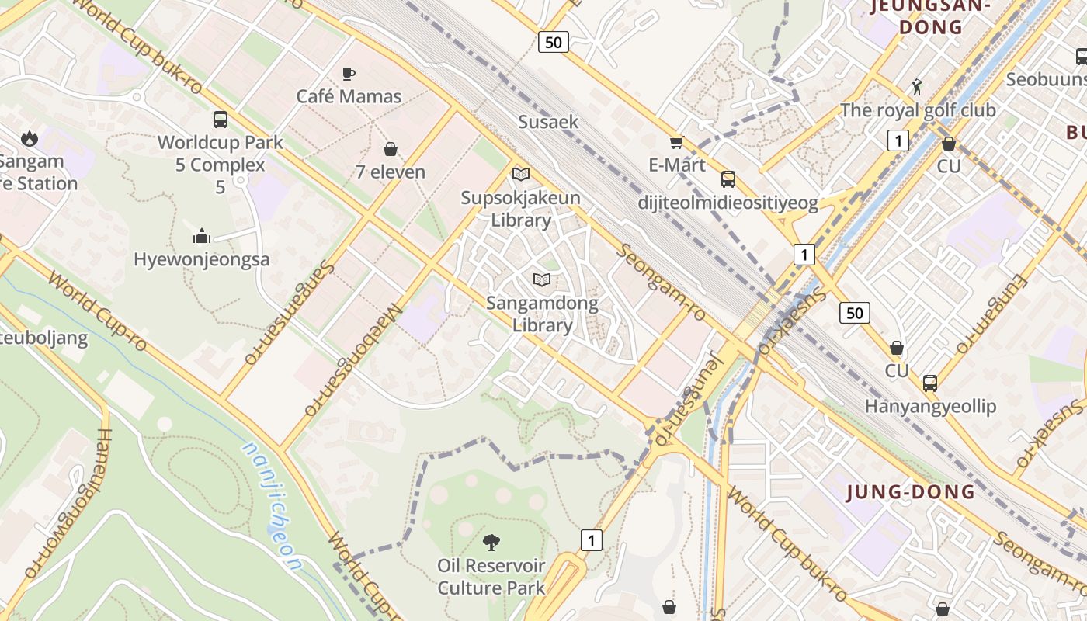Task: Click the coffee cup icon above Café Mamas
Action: [349, 74]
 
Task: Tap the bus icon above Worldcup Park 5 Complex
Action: [221, 120]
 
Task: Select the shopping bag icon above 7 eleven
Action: [390, 148]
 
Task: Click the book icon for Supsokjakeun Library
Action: [520, 175]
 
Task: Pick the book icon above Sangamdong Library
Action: [542, 279]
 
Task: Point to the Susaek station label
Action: [548, 122]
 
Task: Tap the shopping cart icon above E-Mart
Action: [676, 142]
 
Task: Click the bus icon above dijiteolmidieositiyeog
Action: [728, 179]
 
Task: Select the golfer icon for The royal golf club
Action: [917, 86]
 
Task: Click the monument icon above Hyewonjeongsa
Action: [202, 236]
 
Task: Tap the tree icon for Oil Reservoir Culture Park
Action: [491, 542]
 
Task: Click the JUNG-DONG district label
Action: [911, 492]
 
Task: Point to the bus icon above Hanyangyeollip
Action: [929, 383]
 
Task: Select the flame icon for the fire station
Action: [30, 138]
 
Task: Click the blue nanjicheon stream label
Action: [269, 505]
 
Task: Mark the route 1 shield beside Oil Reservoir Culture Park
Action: [592, 540]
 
